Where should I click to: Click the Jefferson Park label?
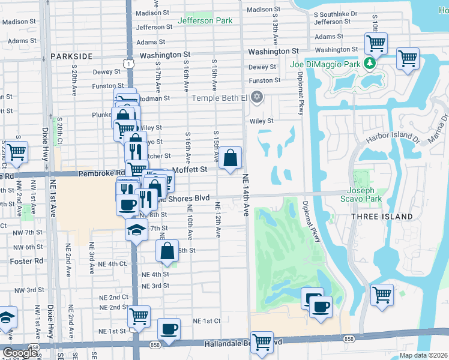205,21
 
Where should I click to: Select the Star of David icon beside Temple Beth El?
257,97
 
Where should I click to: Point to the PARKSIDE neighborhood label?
71,56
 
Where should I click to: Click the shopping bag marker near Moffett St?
231,158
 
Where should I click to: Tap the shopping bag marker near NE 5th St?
168,251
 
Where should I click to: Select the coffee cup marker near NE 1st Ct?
169,329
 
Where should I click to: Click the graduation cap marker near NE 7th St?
136,229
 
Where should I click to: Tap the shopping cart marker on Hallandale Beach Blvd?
262,342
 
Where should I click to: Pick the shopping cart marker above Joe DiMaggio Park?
376,43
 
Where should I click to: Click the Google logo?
20,353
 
